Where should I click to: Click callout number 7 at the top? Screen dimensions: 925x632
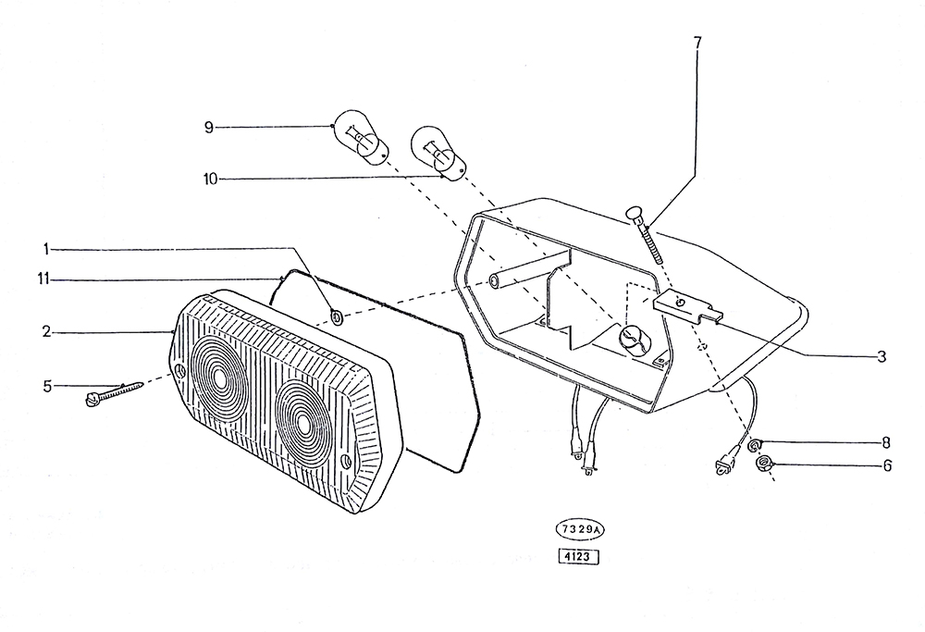click(697, 43)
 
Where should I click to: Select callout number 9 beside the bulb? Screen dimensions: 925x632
click(208, 127)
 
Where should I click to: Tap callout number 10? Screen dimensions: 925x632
click(211, 179)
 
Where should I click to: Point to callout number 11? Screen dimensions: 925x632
click(43, 279)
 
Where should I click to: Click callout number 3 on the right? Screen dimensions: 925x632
click(882, 356)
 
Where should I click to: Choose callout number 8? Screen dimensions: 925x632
click(885, 442)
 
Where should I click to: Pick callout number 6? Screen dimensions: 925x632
click(887, 465)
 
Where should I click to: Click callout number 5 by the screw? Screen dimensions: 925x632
click(47, 387)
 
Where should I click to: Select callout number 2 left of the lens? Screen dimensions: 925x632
click(46, 332)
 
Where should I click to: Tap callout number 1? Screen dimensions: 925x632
click(45, 249)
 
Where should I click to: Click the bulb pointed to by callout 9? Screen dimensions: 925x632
click(363, 137)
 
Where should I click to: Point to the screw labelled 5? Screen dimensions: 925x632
click(115, 393)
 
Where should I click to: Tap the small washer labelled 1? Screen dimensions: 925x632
click(338, 317)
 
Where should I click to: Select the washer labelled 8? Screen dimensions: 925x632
click(755, 444)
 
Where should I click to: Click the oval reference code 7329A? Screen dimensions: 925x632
click(579, 529)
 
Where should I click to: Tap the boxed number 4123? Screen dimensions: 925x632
click(578, 556)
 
